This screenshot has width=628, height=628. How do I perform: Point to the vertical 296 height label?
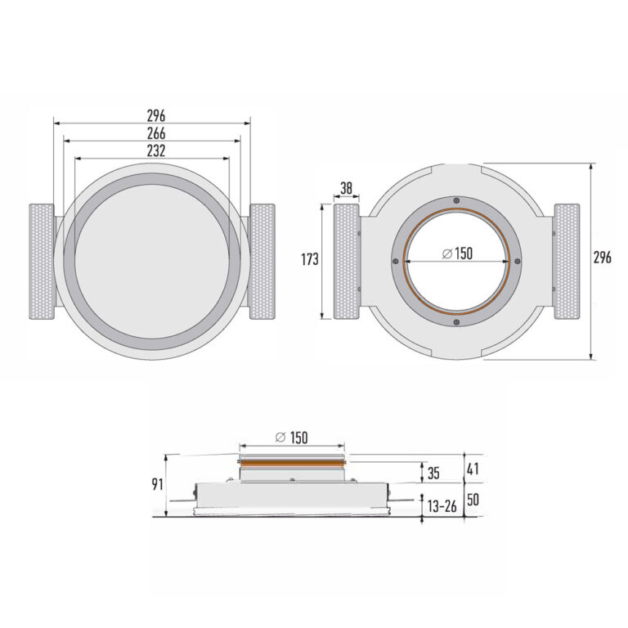point(603,258)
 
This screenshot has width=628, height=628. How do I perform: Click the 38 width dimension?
point(347,189)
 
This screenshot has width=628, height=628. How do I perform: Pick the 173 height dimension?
point(309,260)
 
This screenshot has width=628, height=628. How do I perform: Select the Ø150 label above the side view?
point(293,437)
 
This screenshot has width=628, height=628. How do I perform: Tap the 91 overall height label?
point(157,484)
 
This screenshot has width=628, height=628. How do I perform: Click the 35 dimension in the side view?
point(433,472)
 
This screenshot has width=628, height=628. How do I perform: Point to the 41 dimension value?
point(473,469)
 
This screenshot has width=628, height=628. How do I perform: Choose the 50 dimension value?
point(473,498)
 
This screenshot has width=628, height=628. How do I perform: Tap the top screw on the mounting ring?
point(455,202)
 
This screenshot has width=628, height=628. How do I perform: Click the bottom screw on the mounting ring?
point(455,321)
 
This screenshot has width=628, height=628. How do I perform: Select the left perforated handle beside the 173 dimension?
point(347,262)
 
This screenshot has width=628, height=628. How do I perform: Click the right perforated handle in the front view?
point(262,262)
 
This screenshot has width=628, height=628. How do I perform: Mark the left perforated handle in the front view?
point(41,262)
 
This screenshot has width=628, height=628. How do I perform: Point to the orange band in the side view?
point(293,463)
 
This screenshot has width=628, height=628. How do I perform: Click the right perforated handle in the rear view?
point(567,262)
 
